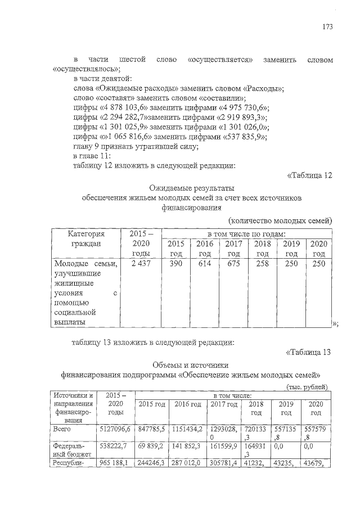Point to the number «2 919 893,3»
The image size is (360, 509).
pyautogui.click(x=242, y=118)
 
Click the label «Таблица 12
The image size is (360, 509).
pyautogui.click(x=310, y=175)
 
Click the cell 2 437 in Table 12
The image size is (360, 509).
pyautogui.click(x=138, y=264)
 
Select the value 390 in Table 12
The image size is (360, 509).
pyautogui.click(x=175, y=264)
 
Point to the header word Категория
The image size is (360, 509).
pyautogui.click(x=86, y=233)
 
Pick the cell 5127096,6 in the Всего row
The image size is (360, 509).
pyautogui.click(x=115, y=429)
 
